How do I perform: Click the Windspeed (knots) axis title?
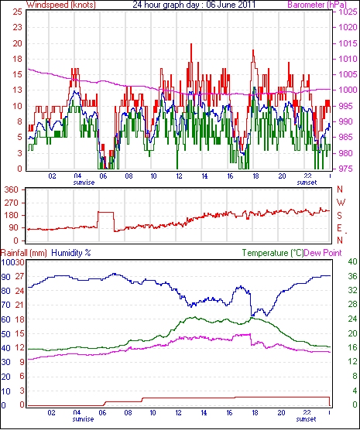pos(61,5)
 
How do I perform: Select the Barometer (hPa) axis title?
pos(317,5)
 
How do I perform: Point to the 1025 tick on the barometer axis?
pos(348,12)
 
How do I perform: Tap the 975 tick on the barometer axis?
pos(348,169)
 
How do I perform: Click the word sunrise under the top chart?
pos(84,183)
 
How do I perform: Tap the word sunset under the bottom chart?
pos(306,419)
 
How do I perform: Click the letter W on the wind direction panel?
pos(341,203)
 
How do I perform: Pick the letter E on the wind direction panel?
pos(340,228)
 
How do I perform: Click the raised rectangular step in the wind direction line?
pos(106,212)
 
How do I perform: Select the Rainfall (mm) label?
pos(24,253)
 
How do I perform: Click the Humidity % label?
pos(71,253)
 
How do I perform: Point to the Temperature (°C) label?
pos(273,253)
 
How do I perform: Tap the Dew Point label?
pos(323,253)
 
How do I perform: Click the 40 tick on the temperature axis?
pos(352,262)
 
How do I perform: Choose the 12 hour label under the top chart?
pos(179,176)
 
